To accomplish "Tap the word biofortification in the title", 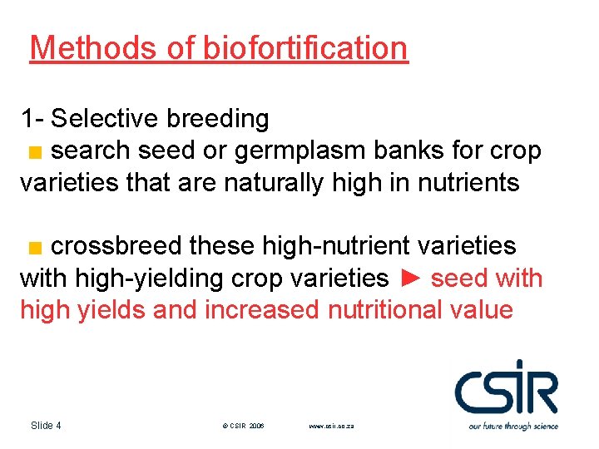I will [x=304, y=48].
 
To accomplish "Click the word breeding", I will [x=217, y=119].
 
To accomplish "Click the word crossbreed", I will [x=116, y=246].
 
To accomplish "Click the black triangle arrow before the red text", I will [x=410, y=278].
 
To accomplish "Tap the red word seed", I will [x=458, y=278].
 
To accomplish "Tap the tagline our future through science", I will [x=512, y=426].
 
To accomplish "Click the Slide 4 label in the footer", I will [x=46, y=426].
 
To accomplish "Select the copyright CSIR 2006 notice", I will [x=243, y=426].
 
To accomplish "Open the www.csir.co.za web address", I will [x=331, y=426].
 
